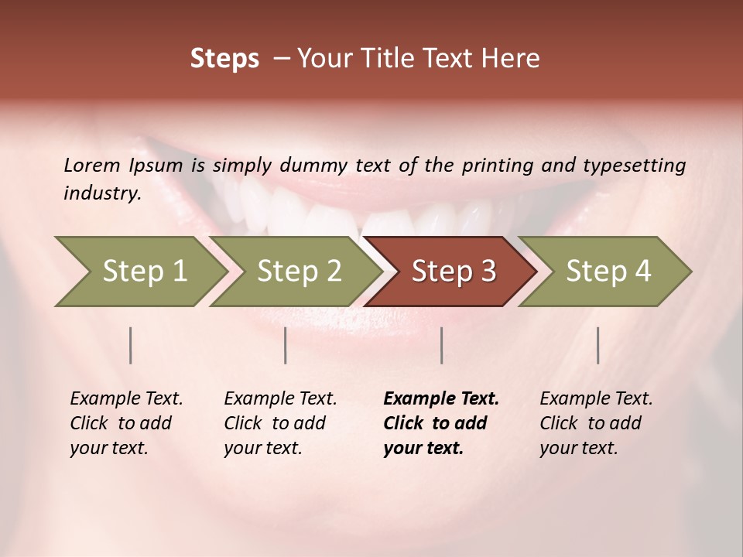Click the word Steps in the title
pyautogui.click(x=224, y=59)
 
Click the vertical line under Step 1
pyautogui.click(x=131, y=345)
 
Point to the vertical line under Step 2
pyautogui.click(x=286, y=345)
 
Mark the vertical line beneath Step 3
pyautogui.click(x=441, y=345)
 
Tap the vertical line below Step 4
pyautogui.click(x=597, y=345)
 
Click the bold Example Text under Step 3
pyautogui.click(x=441, y=422)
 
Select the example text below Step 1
pyautogui.click(x=126, y=422)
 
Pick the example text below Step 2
pyautogui.click(x=280, y=422)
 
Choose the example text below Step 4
pyautogui.click(x=596, y=422)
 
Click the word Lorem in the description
pyautogui.click(x=92, y=165)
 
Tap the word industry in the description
pyautogui.click(x=102, y=193)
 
